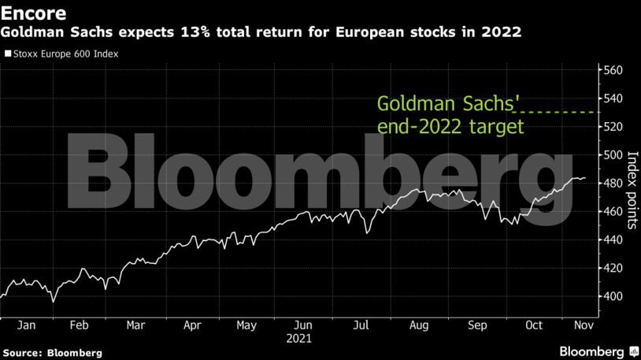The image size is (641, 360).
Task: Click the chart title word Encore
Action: coord(32,13)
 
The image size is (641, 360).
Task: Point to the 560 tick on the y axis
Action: coord(613,70)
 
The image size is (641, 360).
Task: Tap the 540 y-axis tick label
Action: coord(613,98)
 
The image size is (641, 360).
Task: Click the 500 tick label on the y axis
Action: coord(613,155)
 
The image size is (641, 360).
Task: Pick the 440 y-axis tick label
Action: coord(613,239)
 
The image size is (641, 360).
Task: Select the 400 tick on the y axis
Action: coord(613,296)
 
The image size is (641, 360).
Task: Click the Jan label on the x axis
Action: coord(27,325)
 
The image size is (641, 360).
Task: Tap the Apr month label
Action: coord(193,325)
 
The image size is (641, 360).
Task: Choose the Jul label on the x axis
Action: coord(361,325)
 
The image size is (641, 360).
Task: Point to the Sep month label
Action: coord(476,325)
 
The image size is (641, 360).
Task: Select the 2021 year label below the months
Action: coord(299,340)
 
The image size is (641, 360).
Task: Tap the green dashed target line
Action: coord(558,113)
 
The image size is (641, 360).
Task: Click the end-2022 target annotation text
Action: coord(450,126)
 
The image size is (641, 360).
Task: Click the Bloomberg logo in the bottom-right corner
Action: coord(598,351)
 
